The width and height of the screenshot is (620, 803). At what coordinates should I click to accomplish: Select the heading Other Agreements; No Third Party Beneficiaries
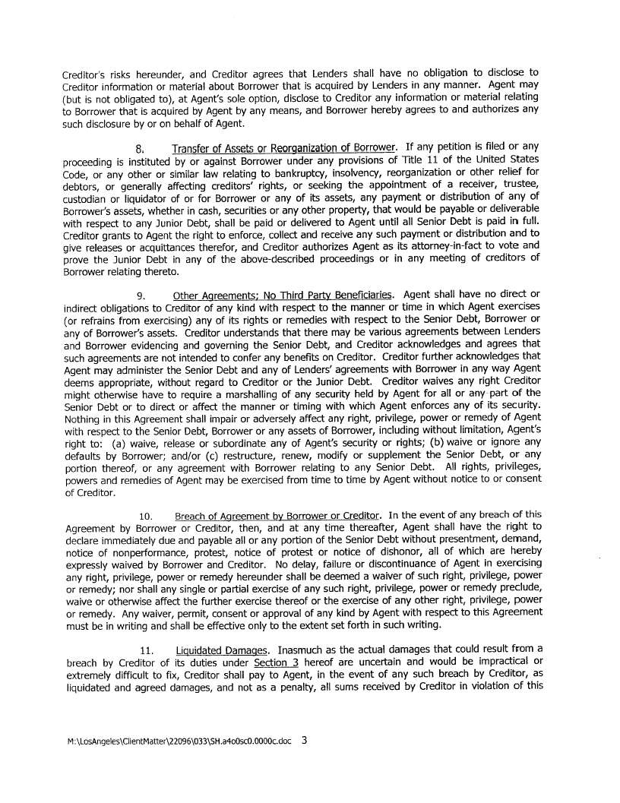click(x=283, y=296)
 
